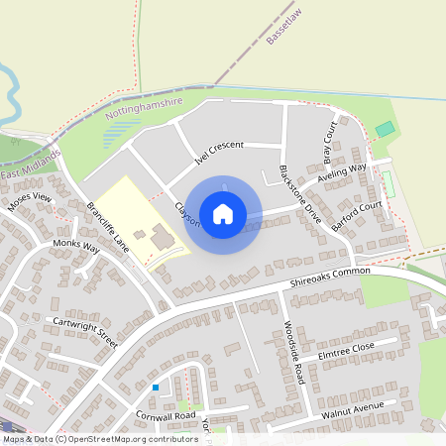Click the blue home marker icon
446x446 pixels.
223,214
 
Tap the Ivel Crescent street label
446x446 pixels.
220,151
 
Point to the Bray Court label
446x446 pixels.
330,143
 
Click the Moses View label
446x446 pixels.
29,203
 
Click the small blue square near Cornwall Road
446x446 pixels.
156,387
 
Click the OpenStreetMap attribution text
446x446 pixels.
100,438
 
